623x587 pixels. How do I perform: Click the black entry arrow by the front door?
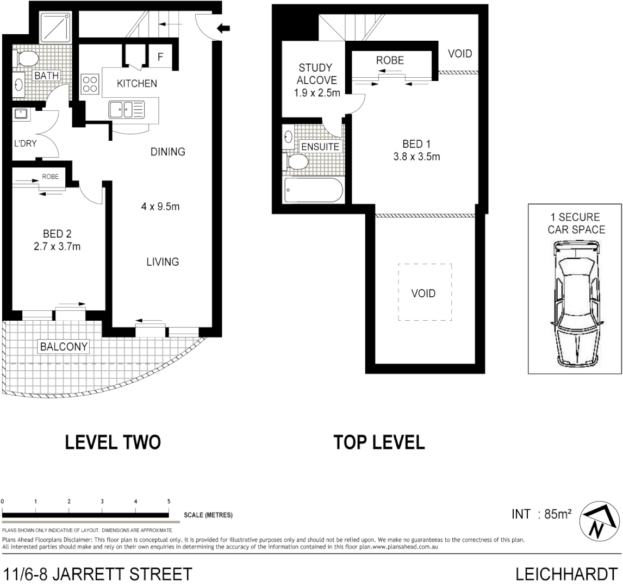point(223,29)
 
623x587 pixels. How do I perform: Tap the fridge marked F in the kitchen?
point(161,57)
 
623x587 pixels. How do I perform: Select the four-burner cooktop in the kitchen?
point(90,84)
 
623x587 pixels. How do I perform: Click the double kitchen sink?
point(126,109)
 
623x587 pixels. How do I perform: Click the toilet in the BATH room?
point(26,57)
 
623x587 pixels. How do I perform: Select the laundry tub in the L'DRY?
point(22,115)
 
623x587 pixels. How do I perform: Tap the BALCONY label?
point(64,346)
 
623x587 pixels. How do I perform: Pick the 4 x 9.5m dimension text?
point(160,207)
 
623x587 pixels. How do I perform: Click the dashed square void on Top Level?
point(425,292)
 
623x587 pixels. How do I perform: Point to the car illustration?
point(575,304)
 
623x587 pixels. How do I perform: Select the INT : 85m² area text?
point(541,514)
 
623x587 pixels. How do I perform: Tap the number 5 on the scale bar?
point(169,502)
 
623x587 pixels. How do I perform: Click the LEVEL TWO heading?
point(113,442)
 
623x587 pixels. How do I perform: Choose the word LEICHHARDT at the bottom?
point(566,574)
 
